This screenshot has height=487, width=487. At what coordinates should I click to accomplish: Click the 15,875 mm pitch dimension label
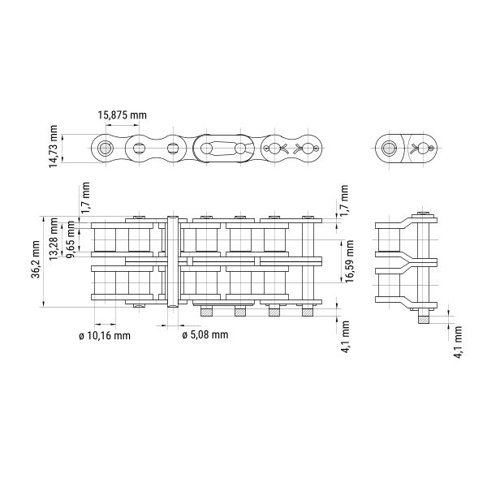122,115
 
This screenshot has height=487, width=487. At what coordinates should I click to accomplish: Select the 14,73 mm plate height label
53,146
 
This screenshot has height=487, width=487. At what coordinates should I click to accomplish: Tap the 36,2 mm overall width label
36,260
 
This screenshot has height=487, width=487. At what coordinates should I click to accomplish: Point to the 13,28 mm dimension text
53,239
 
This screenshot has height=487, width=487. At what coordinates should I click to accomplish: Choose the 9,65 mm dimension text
70,239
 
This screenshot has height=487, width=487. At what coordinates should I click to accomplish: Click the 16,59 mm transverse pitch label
349,261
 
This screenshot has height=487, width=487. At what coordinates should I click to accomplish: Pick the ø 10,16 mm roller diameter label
105,336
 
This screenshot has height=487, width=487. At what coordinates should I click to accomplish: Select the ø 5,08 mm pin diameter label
205,334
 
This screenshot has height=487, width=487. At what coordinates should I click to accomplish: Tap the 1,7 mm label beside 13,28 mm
85,198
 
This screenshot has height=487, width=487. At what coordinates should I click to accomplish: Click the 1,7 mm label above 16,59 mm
344,200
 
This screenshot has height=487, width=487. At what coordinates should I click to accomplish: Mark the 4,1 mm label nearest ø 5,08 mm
346,337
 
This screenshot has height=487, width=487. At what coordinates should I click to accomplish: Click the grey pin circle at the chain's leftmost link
106,149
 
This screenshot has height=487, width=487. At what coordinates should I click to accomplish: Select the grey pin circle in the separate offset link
389,149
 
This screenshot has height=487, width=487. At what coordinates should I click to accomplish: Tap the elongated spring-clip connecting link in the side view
224,149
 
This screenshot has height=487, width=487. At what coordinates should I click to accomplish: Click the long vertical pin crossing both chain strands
173,261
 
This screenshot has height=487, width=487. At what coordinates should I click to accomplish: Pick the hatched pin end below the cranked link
424,319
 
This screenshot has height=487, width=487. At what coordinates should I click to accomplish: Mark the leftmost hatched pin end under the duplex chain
206,312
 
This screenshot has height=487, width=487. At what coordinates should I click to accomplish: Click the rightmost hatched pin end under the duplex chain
308,312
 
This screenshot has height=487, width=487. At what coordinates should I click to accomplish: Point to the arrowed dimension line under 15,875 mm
122,126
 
